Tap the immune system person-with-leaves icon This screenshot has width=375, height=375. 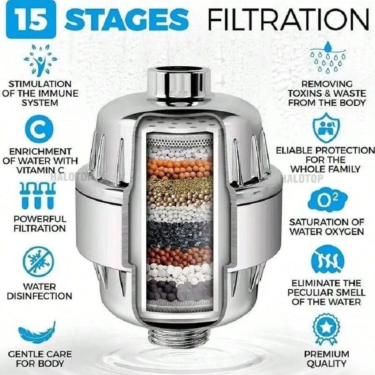(40, 60)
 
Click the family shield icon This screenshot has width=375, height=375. (326, 128)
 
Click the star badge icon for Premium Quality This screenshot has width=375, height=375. (326, 329)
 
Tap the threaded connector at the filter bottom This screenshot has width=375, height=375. (180, 337)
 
